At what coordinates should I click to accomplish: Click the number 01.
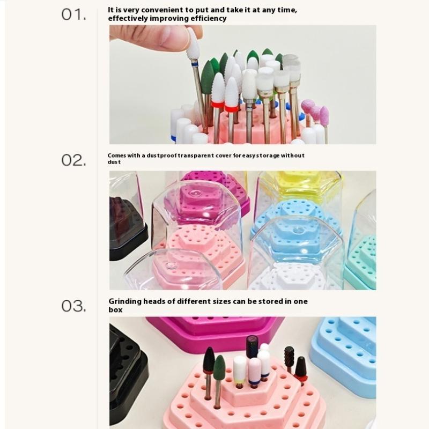coord(73,14)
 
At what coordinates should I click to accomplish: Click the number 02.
coord(73,160)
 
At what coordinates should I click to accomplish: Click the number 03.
coord(73,306)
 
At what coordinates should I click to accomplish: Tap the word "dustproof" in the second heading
coord(162,156)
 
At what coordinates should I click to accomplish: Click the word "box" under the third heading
coord(115,310)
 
